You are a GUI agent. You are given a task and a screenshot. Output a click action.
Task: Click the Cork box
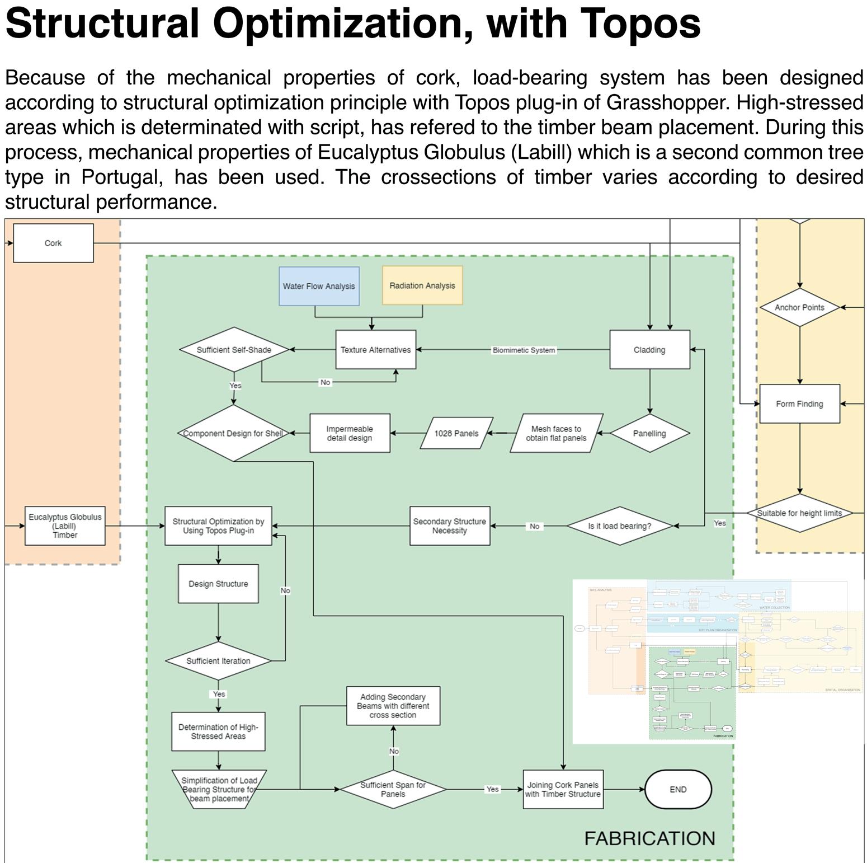coord(53,243)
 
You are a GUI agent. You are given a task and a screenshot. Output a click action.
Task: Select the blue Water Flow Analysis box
coord(319,286)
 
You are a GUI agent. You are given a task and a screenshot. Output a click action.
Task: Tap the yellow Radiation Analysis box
coord(422,285)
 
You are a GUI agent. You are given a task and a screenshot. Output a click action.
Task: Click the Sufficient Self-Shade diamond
coord(234,350)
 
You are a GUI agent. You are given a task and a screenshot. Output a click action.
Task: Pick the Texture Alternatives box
coord(375,350)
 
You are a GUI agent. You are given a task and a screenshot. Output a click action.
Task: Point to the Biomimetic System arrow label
coord(524,350)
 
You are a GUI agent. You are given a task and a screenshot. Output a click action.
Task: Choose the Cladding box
coord(649,350)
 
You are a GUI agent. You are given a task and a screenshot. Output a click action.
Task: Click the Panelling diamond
coord(649,433)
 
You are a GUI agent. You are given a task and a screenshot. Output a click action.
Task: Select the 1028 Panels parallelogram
coord(456,433)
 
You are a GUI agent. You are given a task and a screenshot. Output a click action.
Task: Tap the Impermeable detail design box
coord(350,433)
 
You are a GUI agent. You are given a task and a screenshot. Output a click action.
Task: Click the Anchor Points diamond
coord(799,307)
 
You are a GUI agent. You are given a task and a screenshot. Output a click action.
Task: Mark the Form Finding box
coord(799,404)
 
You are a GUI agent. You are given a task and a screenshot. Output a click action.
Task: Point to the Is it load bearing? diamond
coord(620,526)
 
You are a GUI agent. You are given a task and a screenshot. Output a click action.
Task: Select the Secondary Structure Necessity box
coord(450,526)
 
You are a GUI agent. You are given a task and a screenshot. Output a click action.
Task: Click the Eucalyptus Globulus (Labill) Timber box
coord(65,526)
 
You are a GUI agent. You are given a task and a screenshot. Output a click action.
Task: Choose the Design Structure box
coord(218,584)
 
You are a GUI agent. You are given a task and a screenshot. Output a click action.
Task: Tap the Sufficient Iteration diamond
coord(218,661)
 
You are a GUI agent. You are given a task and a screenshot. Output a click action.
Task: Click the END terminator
coord(678,790)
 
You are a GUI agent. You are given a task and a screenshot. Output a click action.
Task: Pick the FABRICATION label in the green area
coord(649,838)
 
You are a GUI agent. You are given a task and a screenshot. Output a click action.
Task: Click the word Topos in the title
coord(639,24)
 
